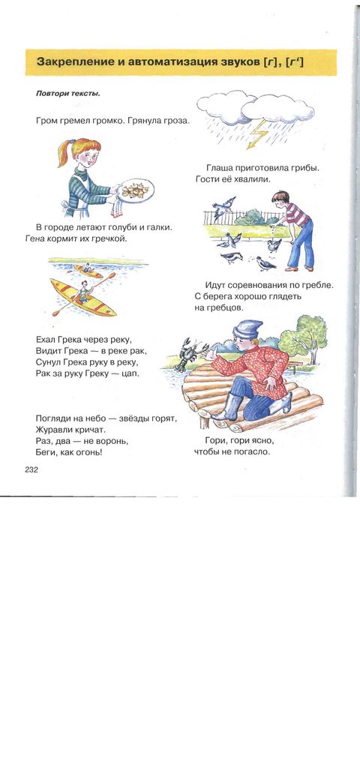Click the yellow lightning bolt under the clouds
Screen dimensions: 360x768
tap(257, 134)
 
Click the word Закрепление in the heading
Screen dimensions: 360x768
tap(69, 62)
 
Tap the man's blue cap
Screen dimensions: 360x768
tap(247, 329)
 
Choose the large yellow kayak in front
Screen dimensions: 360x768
tap(82, 298)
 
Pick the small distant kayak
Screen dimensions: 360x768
tap(88, 270)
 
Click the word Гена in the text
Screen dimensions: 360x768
tap(34, 239)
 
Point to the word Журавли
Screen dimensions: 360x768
tap(52, 430)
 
